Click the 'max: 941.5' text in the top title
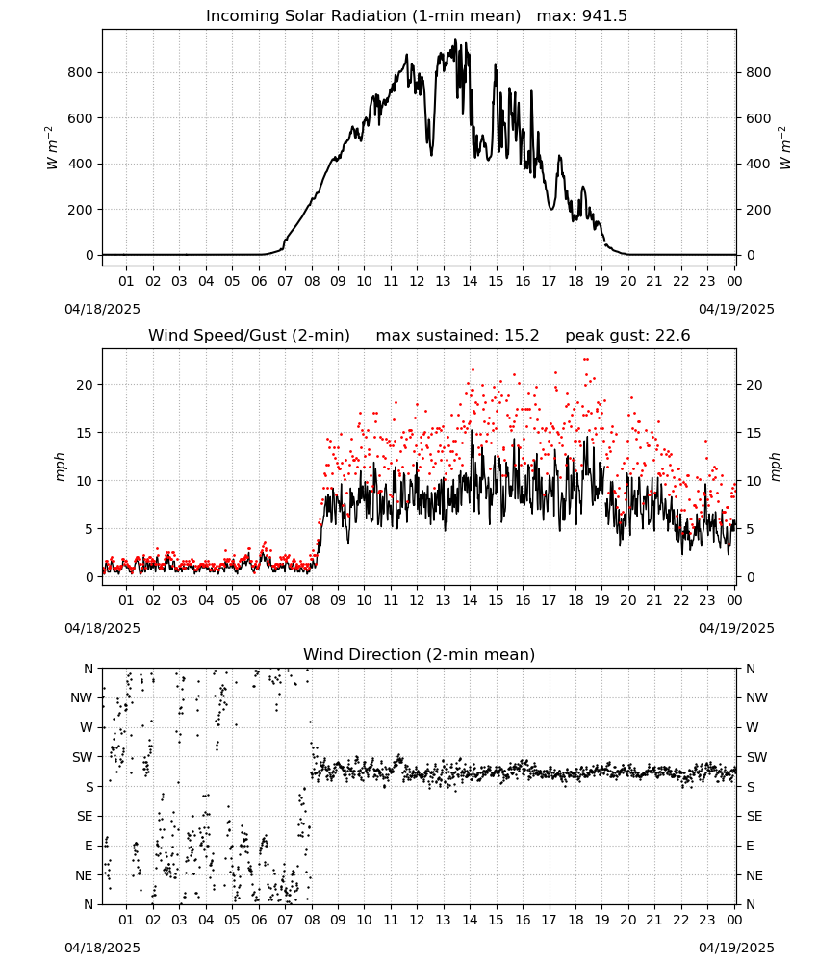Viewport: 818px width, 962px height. (x=582, y=16)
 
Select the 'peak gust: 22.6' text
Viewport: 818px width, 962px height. (x=627, y=336)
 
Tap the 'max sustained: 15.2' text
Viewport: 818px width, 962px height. (x=457, y=336)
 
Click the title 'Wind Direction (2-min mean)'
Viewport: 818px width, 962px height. (x=420, y=654)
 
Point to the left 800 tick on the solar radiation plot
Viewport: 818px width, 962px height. (x=80, y=72)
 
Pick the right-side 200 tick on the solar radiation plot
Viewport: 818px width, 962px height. (x=758, y=210)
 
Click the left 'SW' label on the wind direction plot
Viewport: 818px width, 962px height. (x=83, y=757)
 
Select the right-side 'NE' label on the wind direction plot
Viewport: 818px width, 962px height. (x=754, y=875)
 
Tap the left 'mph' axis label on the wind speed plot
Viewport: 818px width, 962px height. (x=60, y=467)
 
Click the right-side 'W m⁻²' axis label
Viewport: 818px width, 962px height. (x=785, y=148)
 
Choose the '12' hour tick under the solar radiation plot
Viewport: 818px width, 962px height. (x=417, y=282)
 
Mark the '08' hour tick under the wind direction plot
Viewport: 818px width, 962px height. (x=312, y=920)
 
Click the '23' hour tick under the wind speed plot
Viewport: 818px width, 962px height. (x=707, y=600)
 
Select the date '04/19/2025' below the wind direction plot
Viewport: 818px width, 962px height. (x=736, y=948)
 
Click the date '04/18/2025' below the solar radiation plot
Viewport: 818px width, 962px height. (x=102, y=309)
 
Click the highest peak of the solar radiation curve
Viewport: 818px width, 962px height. (x=455, y=40)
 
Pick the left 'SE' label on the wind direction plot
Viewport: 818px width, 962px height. (x=85, y=816)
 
